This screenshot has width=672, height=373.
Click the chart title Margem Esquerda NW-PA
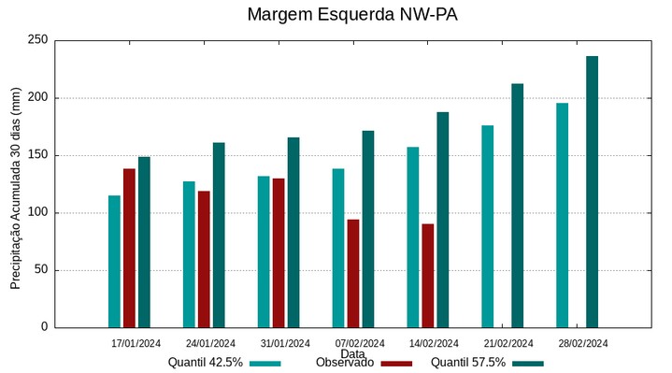pos(352,15)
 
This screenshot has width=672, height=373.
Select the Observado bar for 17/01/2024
pos(129,248)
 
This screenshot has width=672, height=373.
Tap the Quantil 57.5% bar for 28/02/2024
pos(592,192)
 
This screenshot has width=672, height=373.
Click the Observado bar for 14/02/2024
pos(427,276)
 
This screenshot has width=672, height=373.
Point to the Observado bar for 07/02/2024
pos(353,273)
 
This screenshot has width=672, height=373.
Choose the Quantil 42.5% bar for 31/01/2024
pos(264,251)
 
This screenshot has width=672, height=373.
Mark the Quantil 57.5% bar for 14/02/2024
pos(442,220)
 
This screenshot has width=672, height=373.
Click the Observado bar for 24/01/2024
pos(204,259)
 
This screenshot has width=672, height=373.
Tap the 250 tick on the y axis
pos(37,40)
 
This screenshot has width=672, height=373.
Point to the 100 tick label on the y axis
pos(37,213)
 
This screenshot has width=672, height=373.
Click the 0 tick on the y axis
pos(43,327)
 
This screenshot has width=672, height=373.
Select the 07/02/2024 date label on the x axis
pos(360,343)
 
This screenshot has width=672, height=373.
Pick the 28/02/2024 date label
pos(583,343)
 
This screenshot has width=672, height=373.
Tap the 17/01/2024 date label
pos(136,343)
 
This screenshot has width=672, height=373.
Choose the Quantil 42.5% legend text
pos(206,363)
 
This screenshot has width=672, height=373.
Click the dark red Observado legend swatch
pos(397,363)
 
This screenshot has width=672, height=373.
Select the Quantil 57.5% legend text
pos(468,363)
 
